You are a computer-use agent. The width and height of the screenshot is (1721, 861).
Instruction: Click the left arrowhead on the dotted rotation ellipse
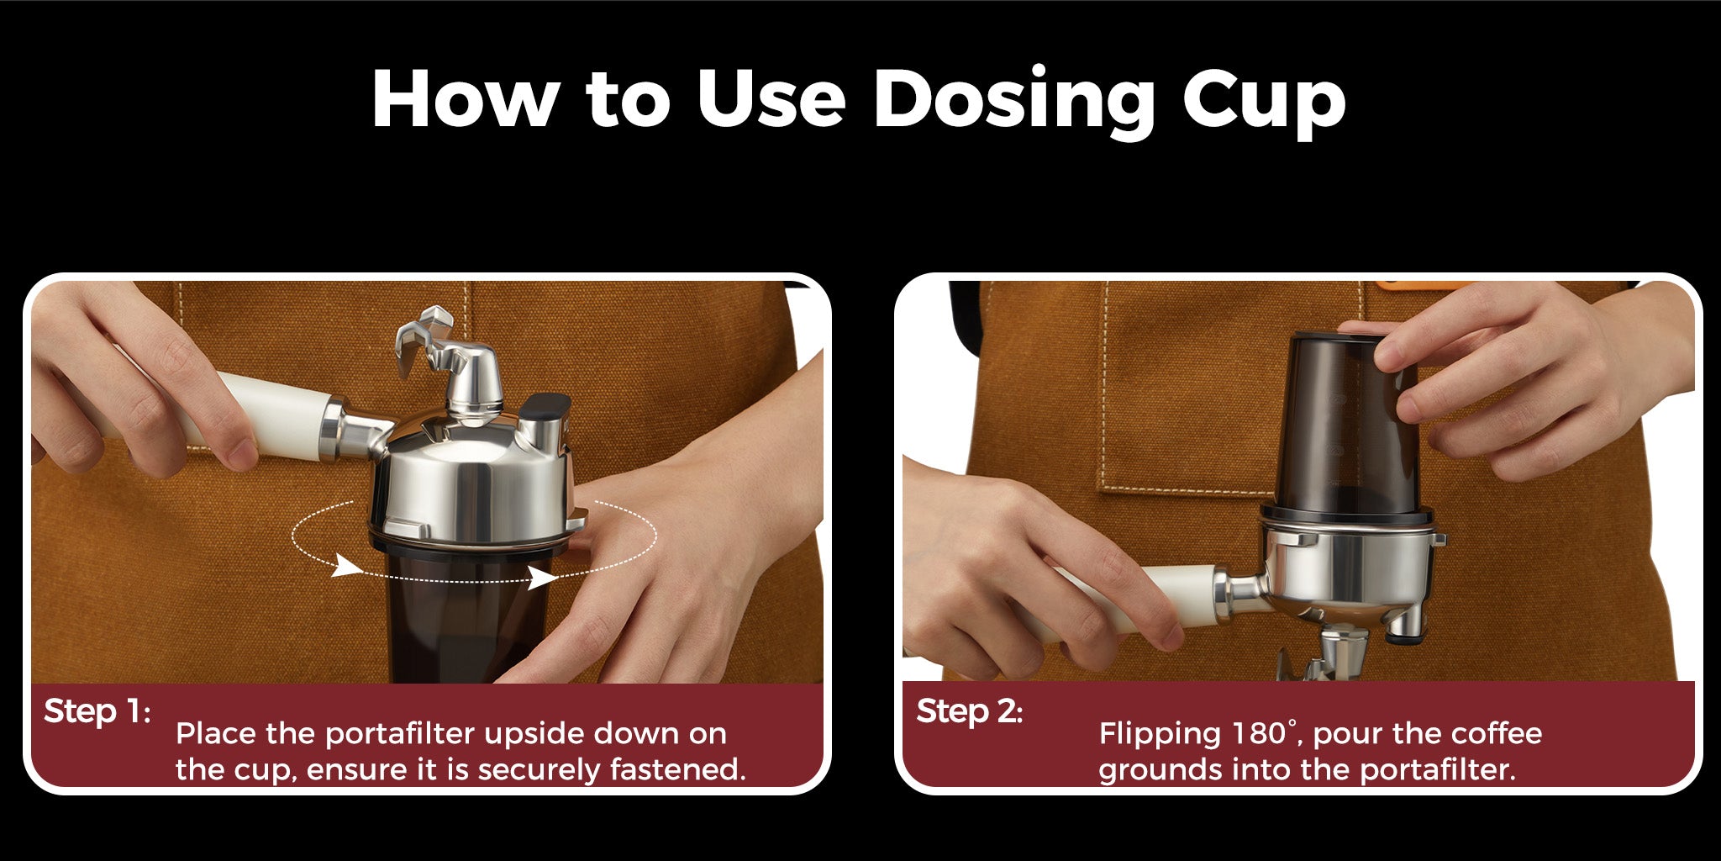coord(345,566)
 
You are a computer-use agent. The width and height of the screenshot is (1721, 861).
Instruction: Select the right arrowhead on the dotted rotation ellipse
coord(542,578)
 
